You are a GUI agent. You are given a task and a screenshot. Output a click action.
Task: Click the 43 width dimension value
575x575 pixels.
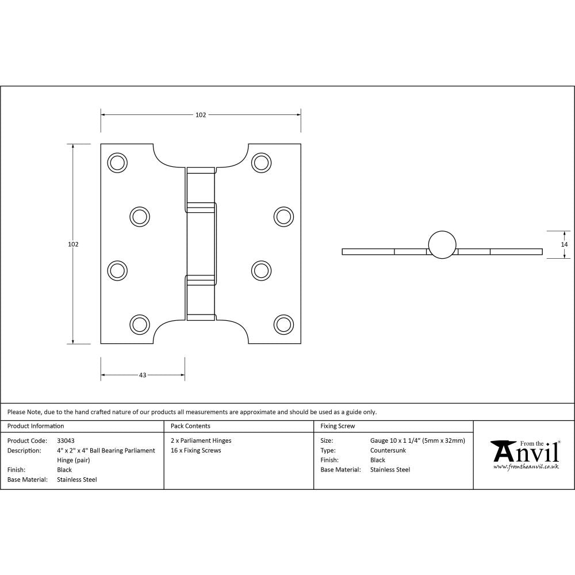tap(143, 375)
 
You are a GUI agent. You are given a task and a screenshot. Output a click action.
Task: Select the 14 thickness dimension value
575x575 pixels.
tap(564, 244)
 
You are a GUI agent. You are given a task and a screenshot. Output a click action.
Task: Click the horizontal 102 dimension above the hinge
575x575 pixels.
tap(200, 115)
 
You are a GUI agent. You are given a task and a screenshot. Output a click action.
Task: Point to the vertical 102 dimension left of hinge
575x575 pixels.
tap(73, 244)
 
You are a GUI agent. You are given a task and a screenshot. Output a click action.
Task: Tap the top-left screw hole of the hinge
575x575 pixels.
tap(117, 163)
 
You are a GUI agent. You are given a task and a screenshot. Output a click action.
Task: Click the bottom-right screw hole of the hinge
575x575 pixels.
tap(283, 324)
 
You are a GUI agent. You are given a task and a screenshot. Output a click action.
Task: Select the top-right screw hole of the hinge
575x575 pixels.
tap(262, 163)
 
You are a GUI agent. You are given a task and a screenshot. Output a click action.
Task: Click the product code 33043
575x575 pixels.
tap(66, 441)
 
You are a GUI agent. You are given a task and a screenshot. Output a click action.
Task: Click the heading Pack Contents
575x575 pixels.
tap(190, 426)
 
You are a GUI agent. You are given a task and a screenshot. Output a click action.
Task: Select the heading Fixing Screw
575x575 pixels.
tap(338, 426)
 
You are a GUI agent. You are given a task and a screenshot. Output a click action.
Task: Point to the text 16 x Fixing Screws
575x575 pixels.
tap(196, 450)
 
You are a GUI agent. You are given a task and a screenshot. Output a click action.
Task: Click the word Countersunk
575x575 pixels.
tap(388, 450)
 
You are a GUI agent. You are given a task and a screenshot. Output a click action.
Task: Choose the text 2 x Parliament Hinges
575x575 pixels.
tap(201, 441)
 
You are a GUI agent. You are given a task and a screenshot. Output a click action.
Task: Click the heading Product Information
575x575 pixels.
tap(36, 426)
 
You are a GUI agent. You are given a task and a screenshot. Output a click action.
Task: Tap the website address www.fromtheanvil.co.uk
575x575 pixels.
tap(526, 467)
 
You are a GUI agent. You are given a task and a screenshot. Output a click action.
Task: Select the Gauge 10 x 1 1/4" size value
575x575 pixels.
tap(417, 441)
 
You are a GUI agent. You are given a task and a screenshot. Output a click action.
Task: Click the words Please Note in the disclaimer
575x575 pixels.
tap(24, 412)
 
